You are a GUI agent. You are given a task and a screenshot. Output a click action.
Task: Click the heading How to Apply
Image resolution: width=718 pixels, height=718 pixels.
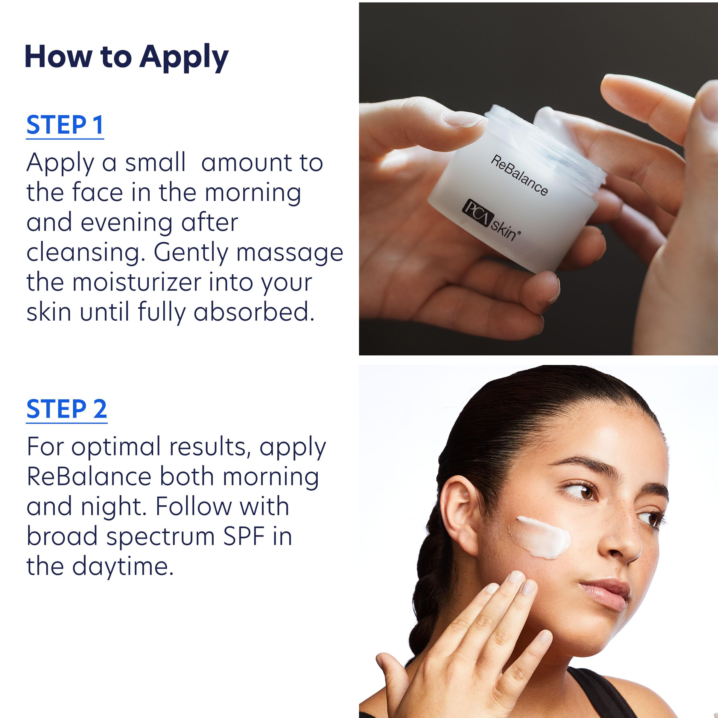126,57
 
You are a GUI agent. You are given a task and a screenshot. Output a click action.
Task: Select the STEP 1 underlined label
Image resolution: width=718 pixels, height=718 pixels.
65,125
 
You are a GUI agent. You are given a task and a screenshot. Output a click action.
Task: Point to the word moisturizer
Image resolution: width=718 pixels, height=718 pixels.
137,282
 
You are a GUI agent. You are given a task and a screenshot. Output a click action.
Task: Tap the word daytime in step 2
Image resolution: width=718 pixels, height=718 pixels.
123,566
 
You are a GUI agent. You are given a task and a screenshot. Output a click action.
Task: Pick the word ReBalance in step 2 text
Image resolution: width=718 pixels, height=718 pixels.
89,477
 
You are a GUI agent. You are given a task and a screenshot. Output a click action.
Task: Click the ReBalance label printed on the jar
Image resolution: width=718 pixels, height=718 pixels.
519,175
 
